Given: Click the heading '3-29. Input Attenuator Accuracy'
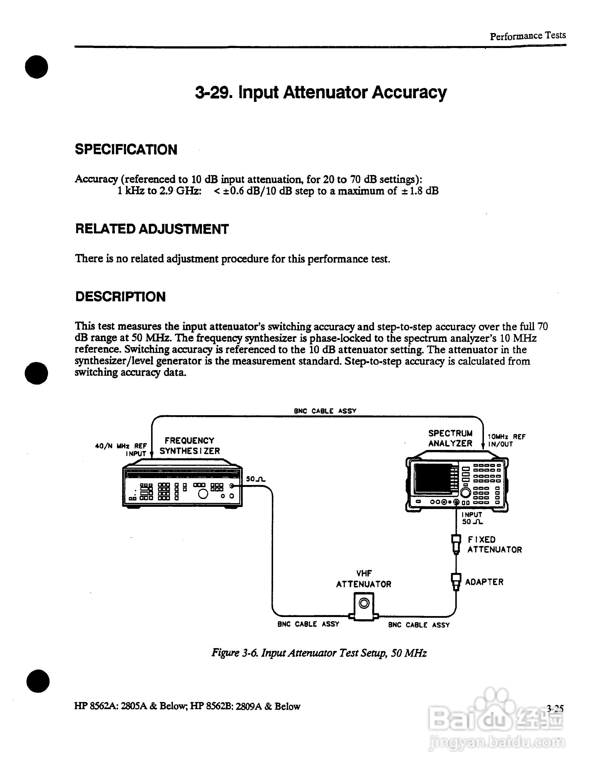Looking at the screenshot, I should pyautogui.click(x=321, y=92).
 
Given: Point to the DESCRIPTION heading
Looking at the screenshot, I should pyautogui.click(x=120, y=297).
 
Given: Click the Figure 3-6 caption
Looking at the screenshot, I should pyautogui.click(x=319, y=653).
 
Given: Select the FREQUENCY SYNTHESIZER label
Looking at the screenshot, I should pyautogui.click(x=190, y=446).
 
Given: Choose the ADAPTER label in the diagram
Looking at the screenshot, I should pyautogui.click(x=484, y=582).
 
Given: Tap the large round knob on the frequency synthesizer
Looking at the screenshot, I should pyautogui.click(x=203, y=494).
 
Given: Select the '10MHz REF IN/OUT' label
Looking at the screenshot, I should pyautogui.click(x=506, y=441).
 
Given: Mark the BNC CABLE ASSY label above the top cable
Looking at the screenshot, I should pyautogui.click(x=325, y=411).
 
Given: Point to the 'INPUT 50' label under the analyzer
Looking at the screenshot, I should pyautogui.click(x=472, y=518).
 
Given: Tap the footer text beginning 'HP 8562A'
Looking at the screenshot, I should pyautogui.click(x=187, y=706).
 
